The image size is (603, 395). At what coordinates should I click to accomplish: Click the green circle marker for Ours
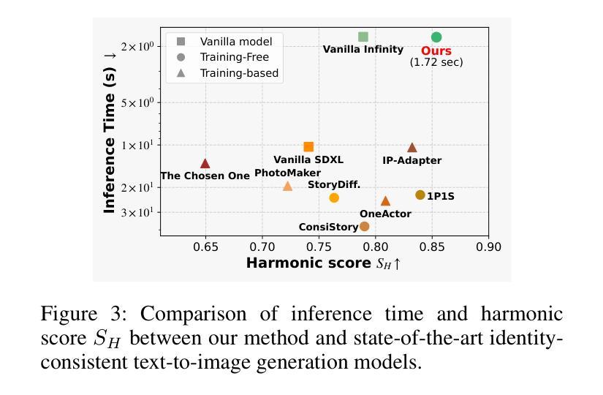tap(436, 37)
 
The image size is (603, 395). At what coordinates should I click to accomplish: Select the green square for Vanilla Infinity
tap(363, 37)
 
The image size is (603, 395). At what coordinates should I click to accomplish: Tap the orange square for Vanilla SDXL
tap(308, 147)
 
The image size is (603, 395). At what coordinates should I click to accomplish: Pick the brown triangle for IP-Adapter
tap(412, 148)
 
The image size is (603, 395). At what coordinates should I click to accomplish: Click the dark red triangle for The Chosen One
tap(205, 164)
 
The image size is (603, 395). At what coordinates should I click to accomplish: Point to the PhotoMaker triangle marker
tap(287, 187)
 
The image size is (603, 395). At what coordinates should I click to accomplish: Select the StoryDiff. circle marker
tap(334, 197)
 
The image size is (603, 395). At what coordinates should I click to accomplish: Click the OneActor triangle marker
tap(385, 201)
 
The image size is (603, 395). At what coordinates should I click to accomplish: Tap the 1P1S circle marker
tap(420, 195)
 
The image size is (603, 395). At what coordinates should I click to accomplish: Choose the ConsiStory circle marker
tap(365, 226)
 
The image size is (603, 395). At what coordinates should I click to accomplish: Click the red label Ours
tap(436, 51)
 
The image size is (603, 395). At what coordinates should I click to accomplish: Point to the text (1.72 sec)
tap(436, 62)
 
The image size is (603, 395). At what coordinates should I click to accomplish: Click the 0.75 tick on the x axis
tap(319, 247)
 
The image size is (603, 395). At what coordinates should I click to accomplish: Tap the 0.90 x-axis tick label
tap(488, 247)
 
